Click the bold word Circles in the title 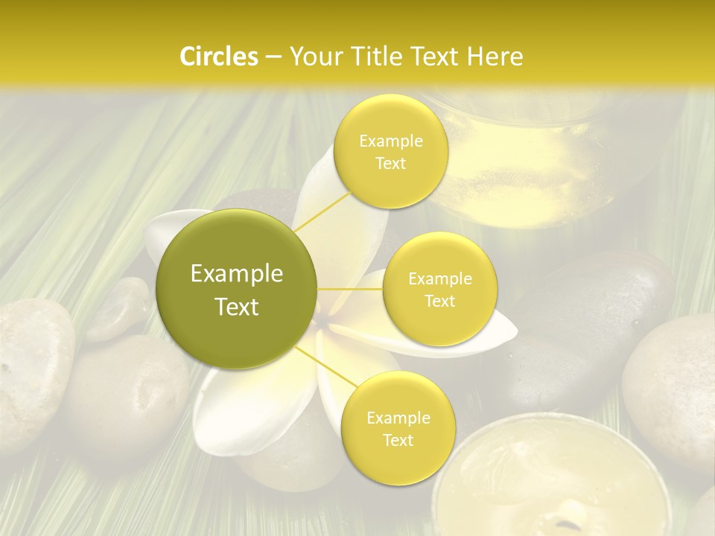pos(219,57)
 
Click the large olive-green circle pos(237,289)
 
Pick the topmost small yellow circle pos(390,152)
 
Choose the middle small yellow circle pos(439,289)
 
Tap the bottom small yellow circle pos(398,428)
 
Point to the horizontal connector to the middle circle pos(350,289)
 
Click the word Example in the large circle pos(237,274)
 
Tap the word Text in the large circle pos(237,307)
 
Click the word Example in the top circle pos(390,141)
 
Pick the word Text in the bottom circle pos(398,440)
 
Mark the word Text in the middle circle pos(439,301)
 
